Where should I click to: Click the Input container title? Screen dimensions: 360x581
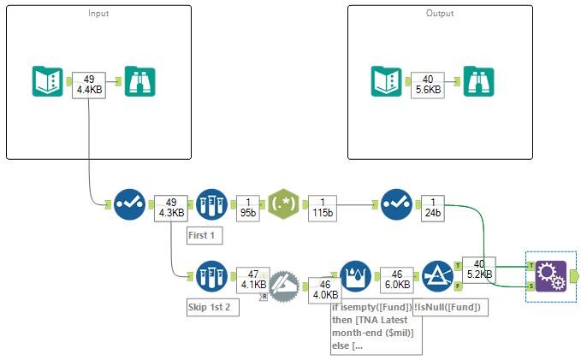point(98,14)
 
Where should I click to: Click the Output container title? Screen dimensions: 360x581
point(440,14)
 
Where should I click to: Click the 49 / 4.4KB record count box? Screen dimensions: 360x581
point(89,84)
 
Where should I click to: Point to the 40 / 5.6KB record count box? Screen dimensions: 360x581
point(426,84)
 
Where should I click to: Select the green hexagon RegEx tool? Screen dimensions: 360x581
point(283,205)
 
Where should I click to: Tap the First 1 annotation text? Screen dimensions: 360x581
point(205,235)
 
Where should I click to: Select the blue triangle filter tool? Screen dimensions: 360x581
point(439,276)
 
